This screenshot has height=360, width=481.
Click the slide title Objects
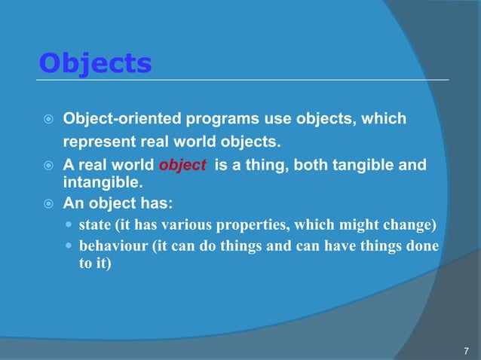[95, 63]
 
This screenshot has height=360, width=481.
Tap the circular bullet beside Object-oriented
[47, 120]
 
